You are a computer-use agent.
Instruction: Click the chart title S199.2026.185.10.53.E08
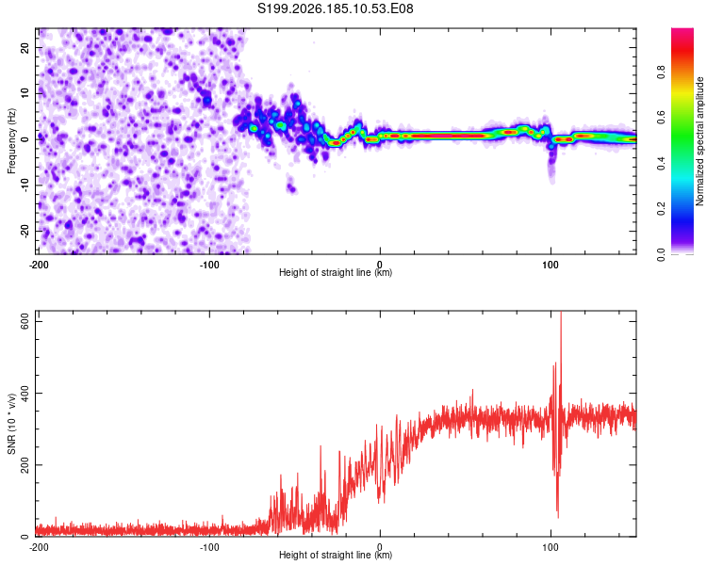tap(335, 8)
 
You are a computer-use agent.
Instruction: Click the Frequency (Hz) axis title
tap(11, 141)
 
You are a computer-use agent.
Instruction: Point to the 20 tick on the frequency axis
tap(25, 47)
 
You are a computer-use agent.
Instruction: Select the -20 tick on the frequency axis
tap(25, 232)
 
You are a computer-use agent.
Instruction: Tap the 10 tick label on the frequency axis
tap(25, 93)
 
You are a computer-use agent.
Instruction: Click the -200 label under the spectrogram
tap(39, 265)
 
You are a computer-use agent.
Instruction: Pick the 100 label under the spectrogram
tap(551, 265)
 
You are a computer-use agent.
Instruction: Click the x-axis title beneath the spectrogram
tap(336, 272)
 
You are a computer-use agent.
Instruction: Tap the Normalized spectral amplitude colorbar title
tap(699, 141)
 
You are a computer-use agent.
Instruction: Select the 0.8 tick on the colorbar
tap(661, 73)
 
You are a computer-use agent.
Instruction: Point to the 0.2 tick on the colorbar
tap(661, 209)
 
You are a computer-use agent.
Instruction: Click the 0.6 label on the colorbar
tap(661, 118)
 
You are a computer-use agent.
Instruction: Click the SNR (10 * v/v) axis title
tap(11, 424)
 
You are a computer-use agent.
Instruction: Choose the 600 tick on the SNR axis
tap(25, 322)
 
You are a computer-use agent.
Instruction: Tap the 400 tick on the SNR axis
tap(25, 393)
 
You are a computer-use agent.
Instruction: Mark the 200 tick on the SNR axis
tap(25, 464)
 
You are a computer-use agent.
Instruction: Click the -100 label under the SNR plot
tap(209, 547)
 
